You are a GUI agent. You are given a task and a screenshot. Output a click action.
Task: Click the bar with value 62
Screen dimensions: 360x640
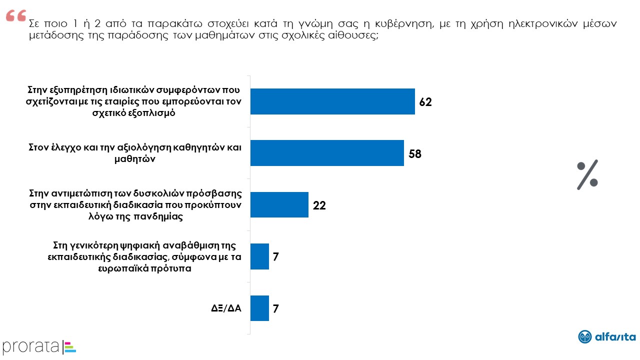332,101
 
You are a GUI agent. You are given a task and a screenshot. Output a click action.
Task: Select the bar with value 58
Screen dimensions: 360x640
326,153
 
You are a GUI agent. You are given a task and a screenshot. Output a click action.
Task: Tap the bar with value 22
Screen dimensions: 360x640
279,204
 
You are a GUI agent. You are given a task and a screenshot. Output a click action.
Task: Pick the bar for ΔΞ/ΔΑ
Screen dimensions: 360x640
259,308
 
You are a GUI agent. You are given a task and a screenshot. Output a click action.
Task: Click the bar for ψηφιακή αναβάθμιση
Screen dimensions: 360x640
259,256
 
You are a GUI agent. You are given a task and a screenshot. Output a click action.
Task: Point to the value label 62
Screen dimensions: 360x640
425,102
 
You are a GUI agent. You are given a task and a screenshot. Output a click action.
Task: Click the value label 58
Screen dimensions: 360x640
415,153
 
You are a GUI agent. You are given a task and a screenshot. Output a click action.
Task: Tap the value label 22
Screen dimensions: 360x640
319,205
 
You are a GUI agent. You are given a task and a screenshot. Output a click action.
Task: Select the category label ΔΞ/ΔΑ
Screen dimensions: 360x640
226,308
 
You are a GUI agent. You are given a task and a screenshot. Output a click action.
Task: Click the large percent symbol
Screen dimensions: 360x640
587,175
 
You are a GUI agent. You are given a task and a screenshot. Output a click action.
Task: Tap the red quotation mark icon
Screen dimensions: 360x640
15,16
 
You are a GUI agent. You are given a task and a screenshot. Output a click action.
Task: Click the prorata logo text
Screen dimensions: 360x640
31,346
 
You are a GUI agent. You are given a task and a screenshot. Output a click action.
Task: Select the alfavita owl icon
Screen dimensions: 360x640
585,337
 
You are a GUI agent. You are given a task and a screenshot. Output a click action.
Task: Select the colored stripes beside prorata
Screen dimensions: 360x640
70,346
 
